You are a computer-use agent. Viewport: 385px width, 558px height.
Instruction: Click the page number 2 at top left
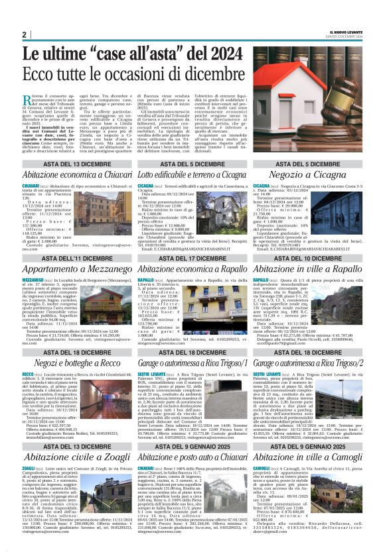[24, 34]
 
